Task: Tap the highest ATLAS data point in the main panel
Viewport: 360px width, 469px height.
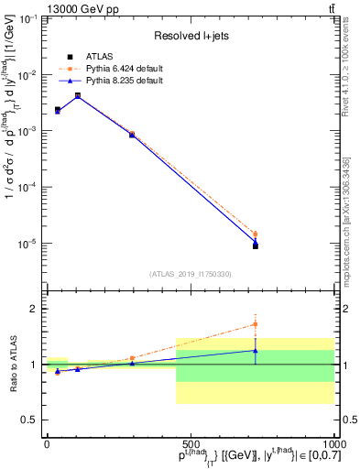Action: [78, 95]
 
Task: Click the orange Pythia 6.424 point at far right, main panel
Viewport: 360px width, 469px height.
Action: [256, 234]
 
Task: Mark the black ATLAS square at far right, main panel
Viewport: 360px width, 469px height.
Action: [256, 245]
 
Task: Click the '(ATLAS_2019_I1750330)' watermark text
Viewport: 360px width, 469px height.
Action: [190, 274]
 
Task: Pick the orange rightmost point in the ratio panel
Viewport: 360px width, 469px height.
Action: [256, 324]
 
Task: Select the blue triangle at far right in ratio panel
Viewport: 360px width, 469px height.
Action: [256, 350]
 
